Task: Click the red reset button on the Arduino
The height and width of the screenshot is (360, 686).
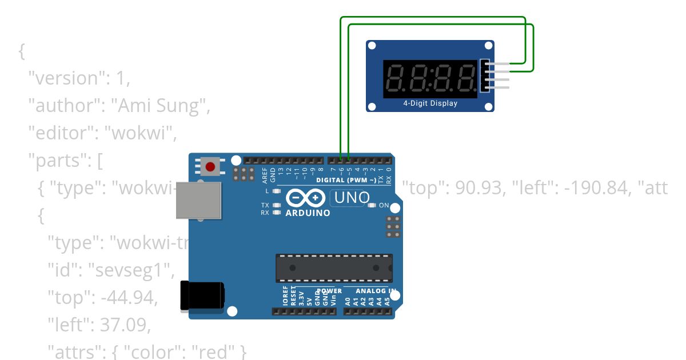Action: [210, 167]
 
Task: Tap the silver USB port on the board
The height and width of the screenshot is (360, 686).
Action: [198, 201]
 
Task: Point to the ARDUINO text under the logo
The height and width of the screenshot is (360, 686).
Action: [308, 213]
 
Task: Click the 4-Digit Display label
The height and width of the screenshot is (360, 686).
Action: [430, 103]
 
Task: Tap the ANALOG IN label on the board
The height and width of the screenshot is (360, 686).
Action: [376, 291]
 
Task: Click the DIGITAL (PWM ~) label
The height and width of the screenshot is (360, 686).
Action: [346, 180]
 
